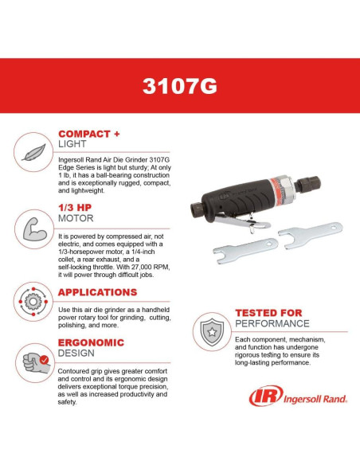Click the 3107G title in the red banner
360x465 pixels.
[180, 86]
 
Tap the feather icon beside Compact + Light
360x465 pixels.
[32, 152]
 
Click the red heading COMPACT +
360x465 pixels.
[88, 134]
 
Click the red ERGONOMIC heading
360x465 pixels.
[90, 342]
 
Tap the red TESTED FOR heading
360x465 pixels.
[268, 313]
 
